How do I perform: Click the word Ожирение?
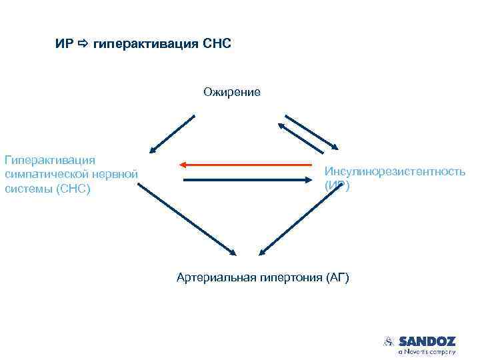pyautogui.click(x=232, y=91)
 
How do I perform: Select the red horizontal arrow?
pyautogui.click(x=245, y=164)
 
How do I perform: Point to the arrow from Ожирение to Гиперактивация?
pyautogui.click(x=172, y=134)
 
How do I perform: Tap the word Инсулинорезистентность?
pyautogui.click(x=395, y=171)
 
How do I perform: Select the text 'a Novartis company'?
pyautogui.click(x=427, y=351)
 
